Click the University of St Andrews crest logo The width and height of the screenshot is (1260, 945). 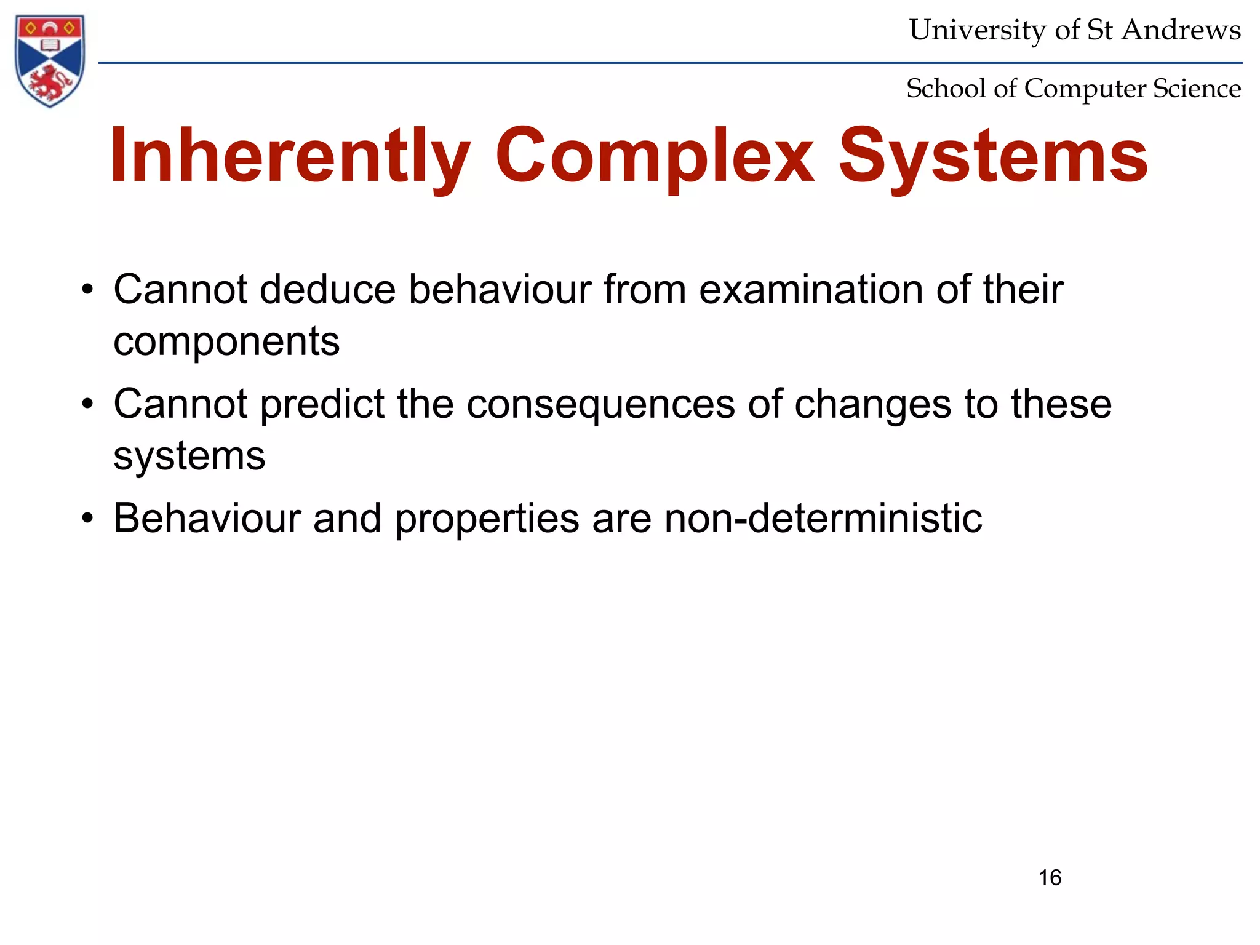point(49,60)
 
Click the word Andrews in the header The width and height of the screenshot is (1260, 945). point(1181,30)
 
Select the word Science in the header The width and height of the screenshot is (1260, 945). point(1197,88)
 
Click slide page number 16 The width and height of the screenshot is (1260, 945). point(1050,877)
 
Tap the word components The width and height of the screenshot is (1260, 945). point(226,342)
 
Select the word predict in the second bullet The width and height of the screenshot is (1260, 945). point(322,404)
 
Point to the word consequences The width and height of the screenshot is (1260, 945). point(600,404)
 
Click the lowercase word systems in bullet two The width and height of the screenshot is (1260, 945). point(189,457)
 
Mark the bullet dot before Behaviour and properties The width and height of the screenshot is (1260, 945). point(88,519)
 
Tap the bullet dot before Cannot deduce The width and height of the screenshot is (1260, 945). point(88,290)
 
